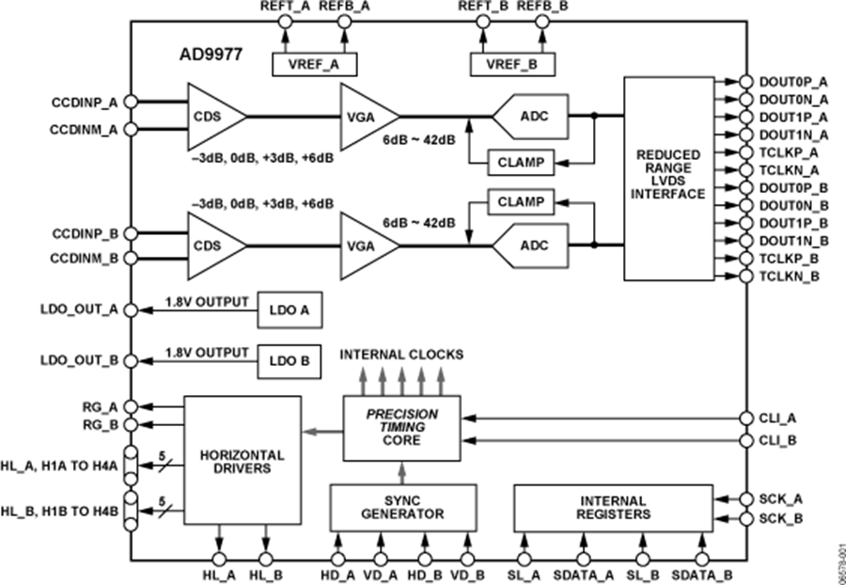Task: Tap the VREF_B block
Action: click(x=511, y=64)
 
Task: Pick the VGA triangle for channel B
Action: click(x=366, y=245)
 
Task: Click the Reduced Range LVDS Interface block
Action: click(x=668, y=179)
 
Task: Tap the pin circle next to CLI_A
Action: click(x=746, y=417)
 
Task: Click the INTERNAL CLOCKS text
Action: click(x=402, y=356)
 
